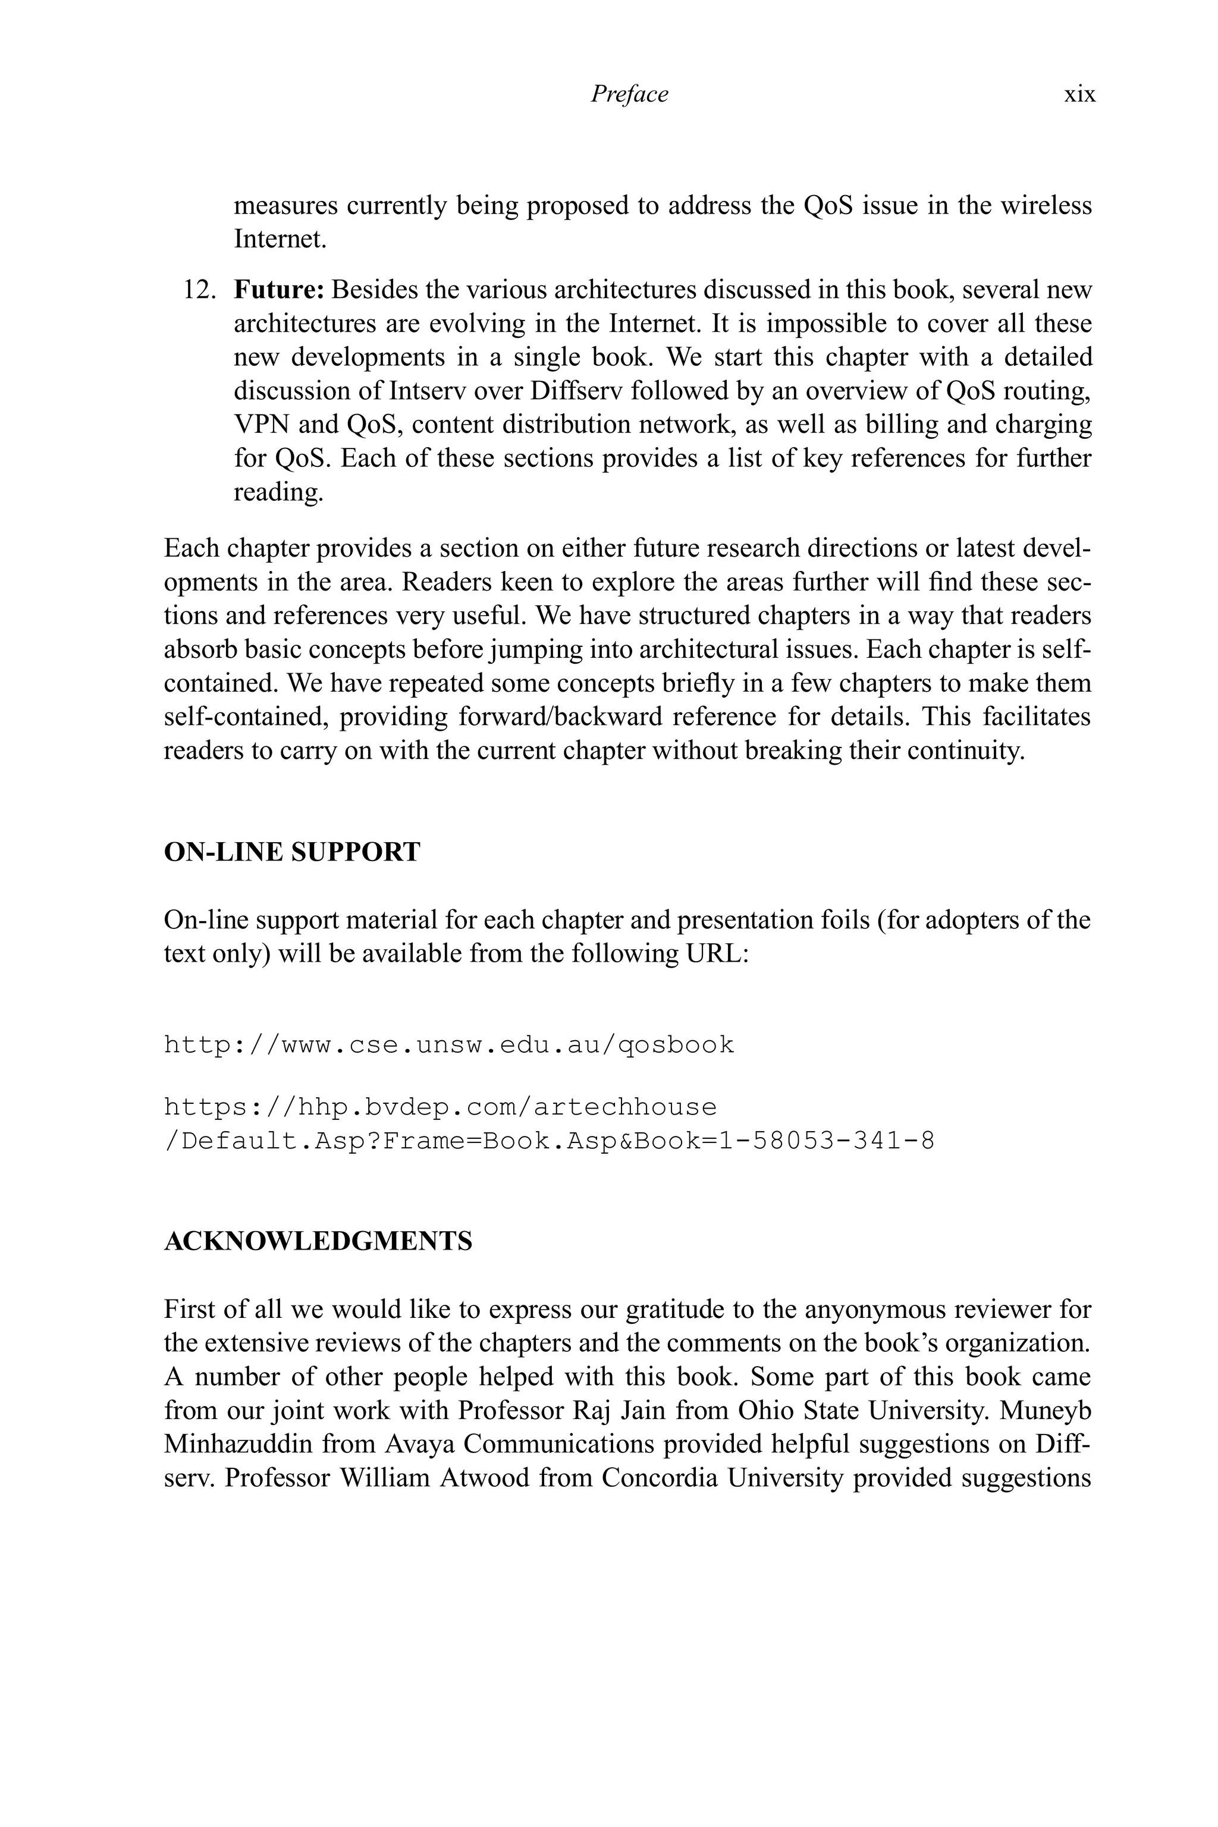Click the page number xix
click(x=1079, y=95)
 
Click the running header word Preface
click(x=629, y=95)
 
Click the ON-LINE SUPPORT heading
click(x=292, y=852)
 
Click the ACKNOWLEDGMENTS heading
click(x=318, y=1241)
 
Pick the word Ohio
click(x=765, y=1411)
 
